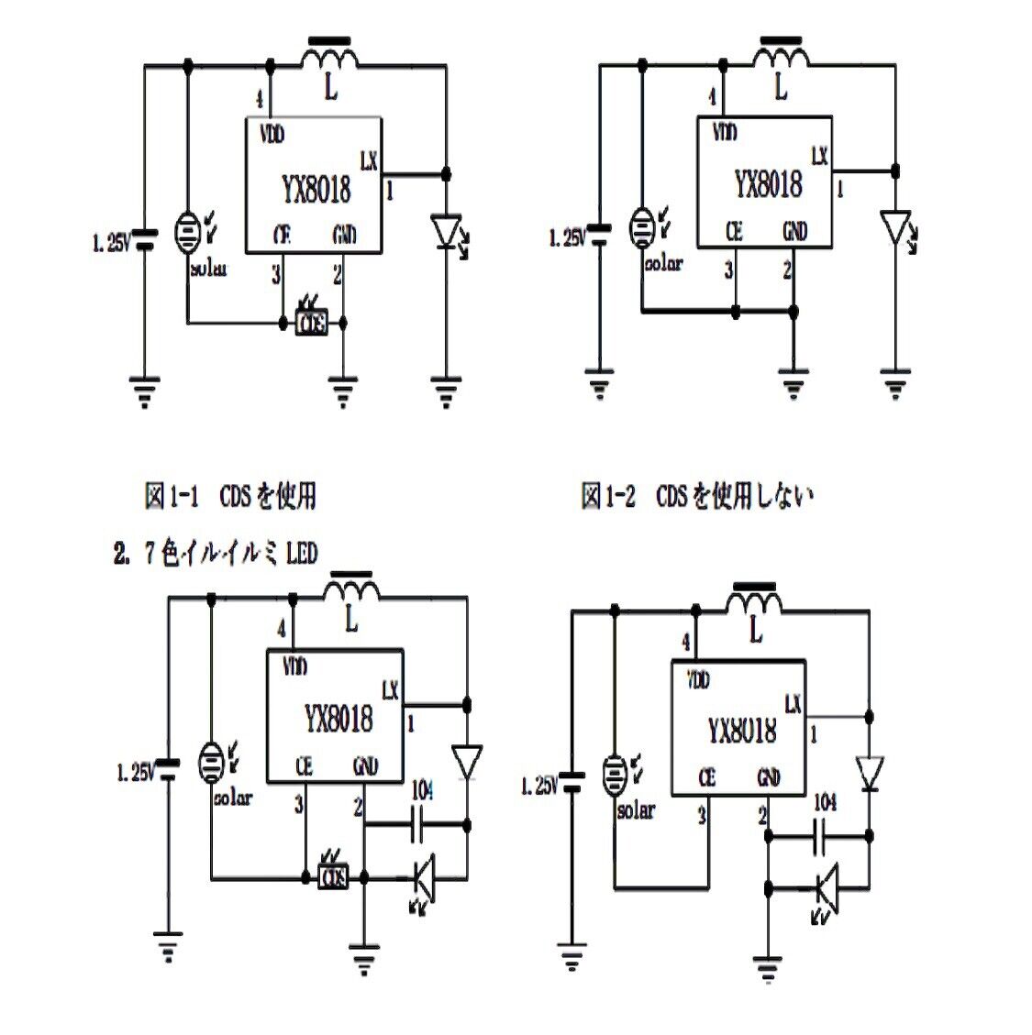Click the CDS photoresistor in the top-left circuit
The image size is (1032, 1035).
[x=312, y=323]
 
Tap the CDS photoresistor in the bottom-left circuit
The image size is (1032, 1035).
[x=333, y=877]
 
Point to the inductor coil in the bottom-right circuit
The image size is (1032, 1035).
[x=755, y=602]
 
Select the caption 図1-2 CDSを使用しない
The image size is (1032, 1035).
[x=697, y=496]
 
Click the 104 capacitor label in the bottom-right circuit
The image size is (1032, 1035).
[x=825, y=802]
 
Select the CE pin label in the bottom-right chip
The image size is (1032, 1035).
[x=706, y=777]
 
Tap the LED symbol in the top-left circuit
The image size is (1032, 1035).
[x=447, y=229]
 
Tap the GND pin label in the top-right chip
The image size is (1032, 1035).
[x=794, y=232]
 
